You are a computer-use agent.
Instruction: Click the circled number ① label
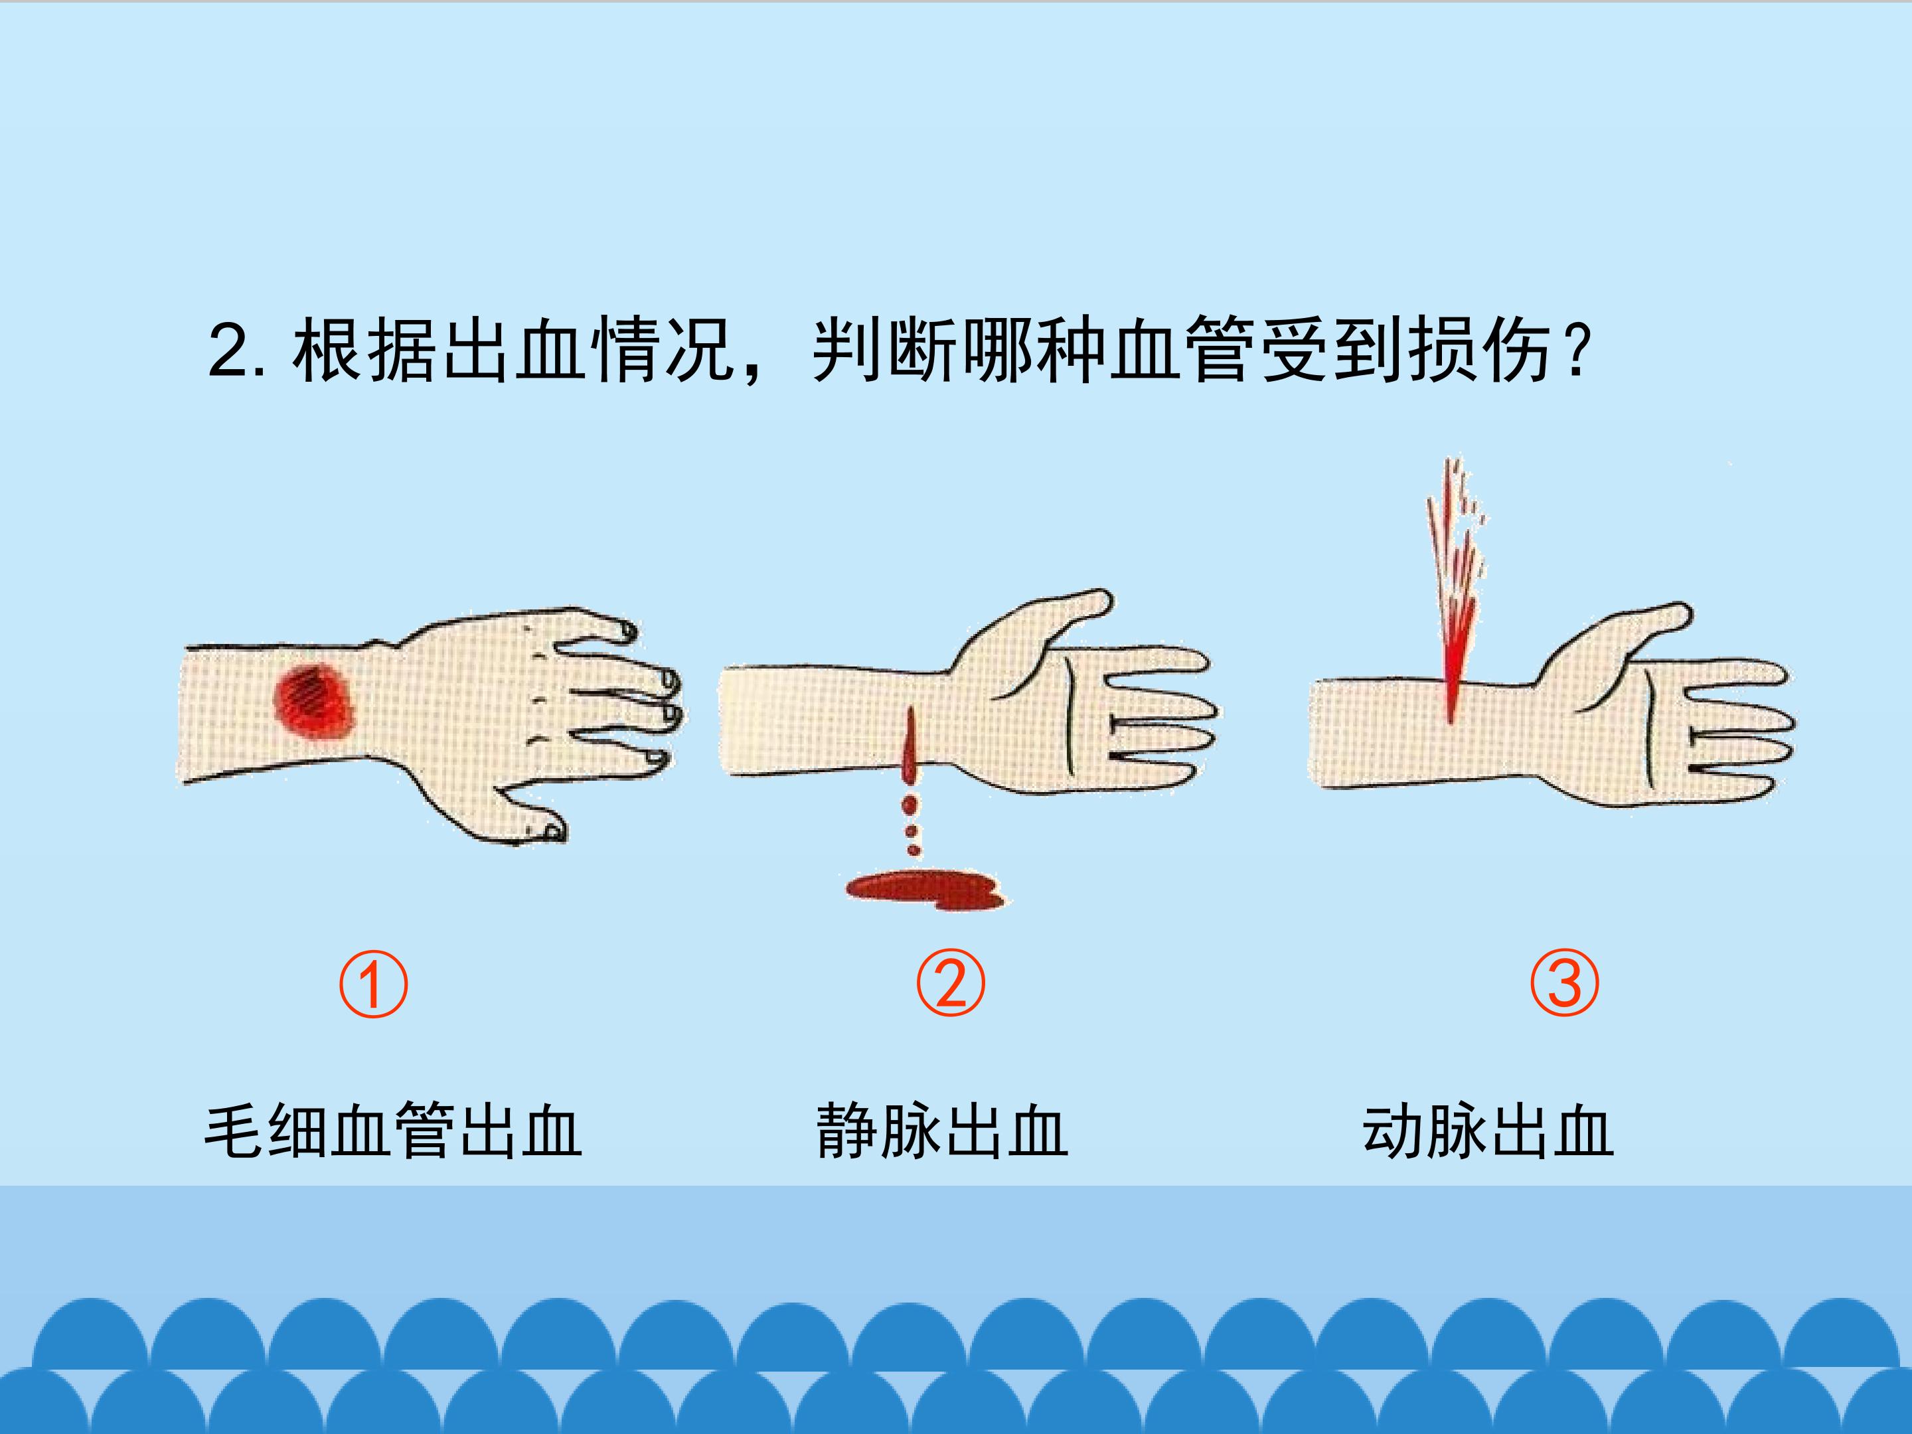coord(372,984)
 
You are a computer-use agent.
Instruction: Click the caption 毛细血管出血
coord(393,1131)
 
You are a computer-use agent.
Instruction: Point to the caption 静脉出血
coord(942,1131)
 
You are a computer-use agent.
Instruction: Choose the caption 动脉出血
coord(1488,1131)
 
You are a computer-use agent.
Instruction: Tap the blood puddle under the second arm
coord(925,890)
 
